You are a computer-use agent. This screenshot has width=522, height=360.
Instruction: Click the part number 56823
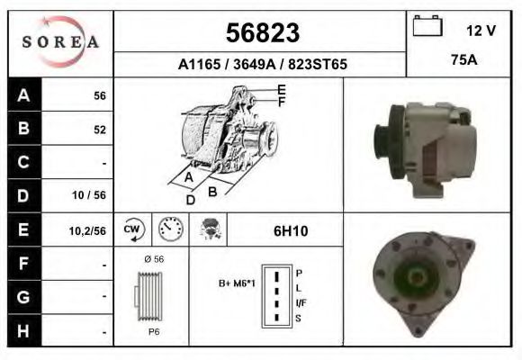(261, 33)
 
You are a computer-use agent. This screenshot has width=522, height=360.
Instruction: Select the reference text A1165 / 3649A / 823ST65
(261, 65)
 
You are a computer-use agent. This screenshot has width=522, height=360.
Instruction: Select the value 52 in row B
(99, 129)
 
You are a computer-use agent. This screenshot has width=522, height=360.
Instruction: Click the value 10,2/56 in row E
(88, 230)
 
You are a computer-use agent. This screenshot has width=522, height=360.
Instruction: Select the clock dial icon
(170, 230)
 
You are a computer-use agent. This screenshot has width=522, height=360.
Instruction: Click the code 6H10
(290, 231)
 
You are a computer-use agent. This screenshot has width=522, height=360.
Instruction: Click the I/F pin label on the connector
(301, 302)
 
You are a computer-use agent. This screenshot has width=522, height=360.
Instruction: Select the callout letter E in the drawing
(282, 89)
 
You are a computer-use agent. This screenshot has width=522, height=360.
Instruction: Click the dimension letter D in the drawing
(191, 200)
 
